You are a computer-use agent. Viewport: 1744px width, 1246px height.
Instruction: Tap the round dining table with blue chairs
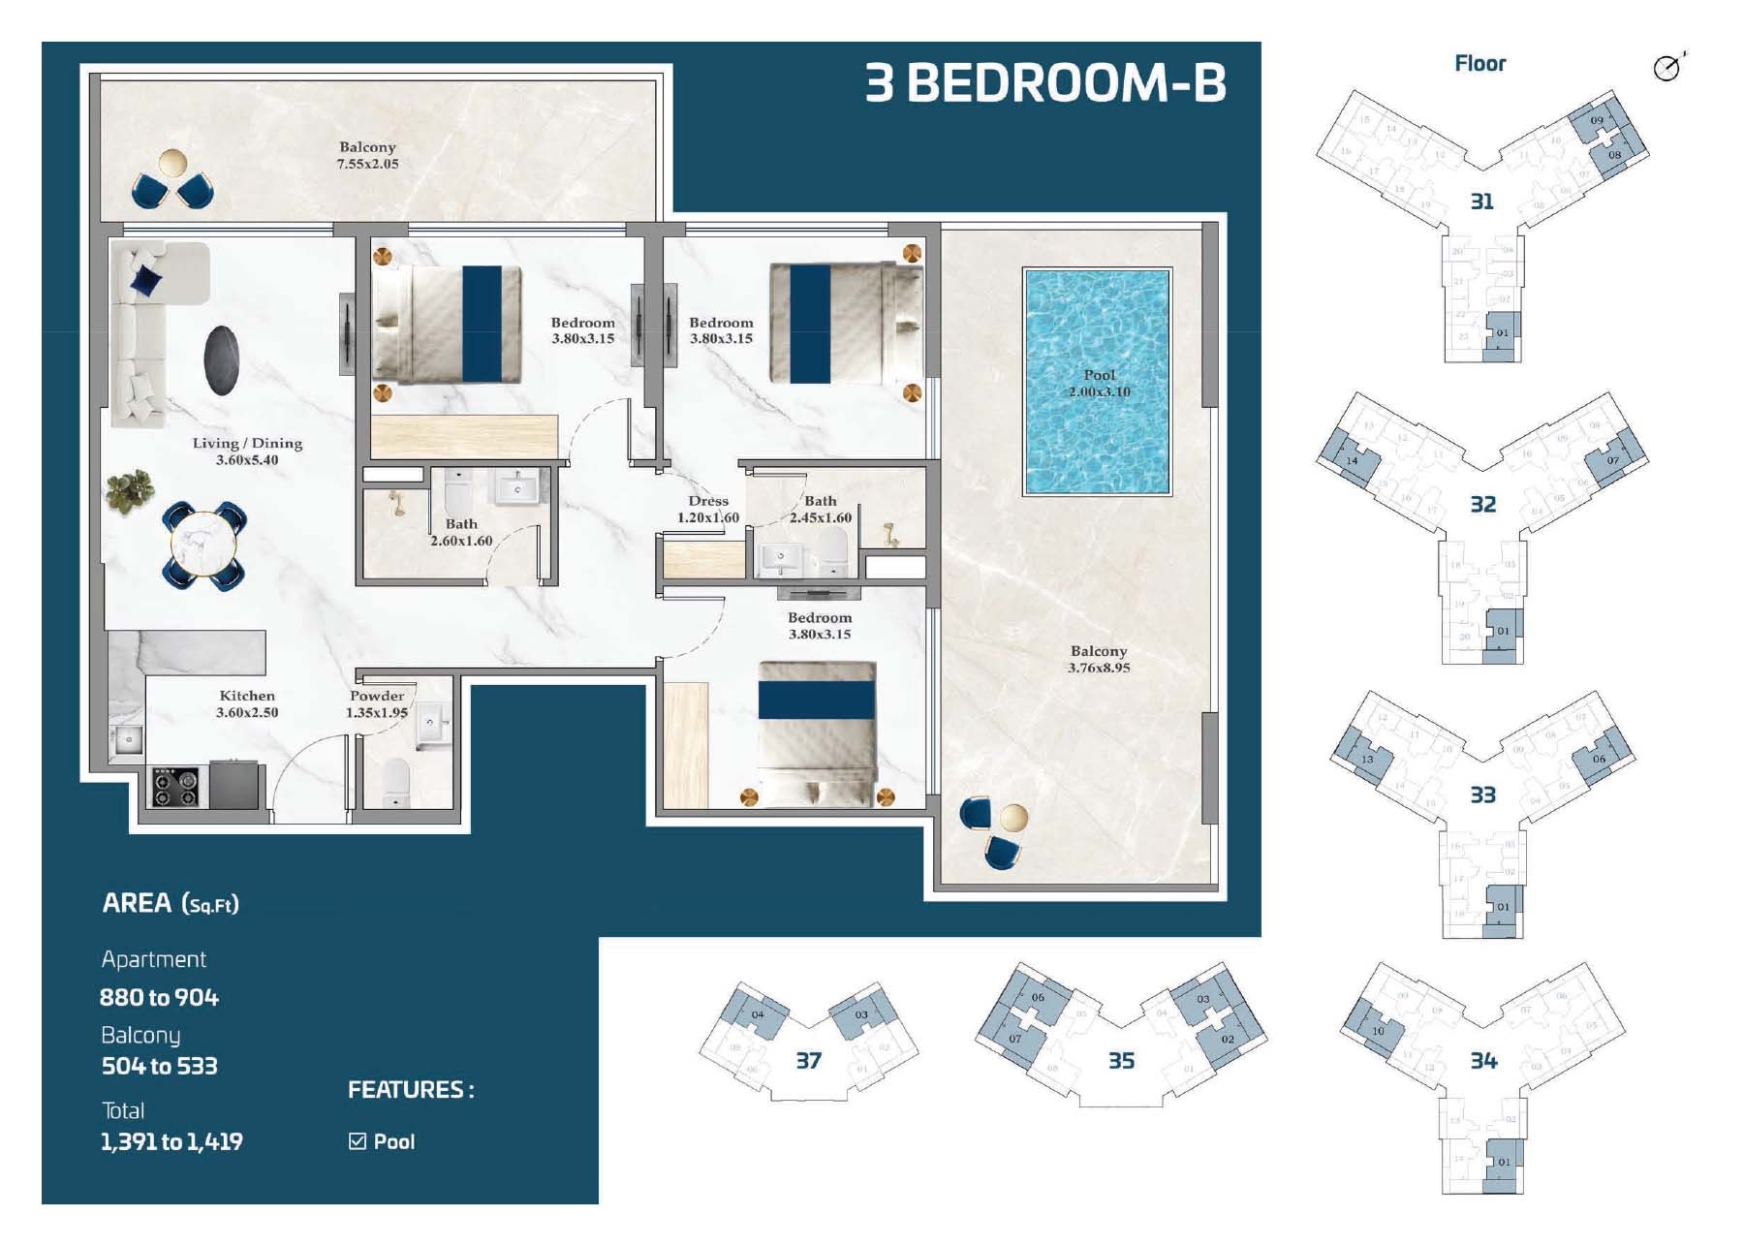[x=203, y=545]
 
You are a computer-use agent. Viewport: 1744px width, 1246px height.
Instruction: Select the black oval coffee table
[x=221, y=360]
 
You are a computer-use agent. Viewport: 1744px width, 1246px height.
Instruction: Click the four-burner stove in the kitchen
[x=176, y=787]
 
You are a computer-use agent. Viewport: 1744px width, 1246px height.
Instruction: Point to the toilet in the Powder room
[x=395, y=781]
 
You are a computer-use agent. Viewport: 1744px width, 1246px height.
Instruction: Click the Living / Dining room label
[x=247, y=452]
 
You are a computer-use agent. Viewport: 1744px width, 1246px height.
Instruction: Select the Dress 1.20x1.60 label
[x=708, y=510]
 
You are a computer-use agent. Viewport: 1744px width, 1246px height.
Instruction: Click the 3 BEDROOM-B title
[x=1044, y=83]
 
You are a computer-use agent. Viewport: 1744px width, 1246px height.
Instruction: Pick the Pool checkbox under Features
[x=358, y=1141]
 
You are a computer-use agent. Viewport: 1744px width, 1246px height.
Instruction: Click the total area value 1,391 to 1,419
[x=171, y=1142]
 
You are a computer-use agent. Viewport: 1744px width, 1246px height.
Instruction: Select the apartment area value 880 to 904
[x=160, y=998]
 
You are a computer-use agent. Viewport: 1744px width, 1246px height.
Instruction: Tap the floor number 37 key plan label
[x=808, y=1061]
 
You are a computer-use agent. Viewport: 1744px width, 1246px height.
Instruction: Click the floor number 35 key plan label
[x=1121, y=1061]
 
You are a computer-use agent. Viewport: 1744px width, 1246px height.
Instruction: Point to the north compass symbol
[x=1667, y=67]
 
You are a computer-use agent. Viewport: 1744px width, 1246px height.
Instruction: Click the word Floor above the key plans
[x=1479, y=64]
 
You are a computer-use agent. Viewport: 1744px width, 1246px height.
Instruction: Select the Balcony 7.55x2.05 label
[x=367, y=155]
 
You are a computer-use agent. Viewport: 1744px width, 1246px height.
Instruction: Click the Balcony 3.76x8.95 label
[x=1099, y=660]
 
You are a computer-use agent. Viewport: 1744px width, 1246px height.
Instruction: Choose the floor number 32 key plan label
[x=1482, y=505]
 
